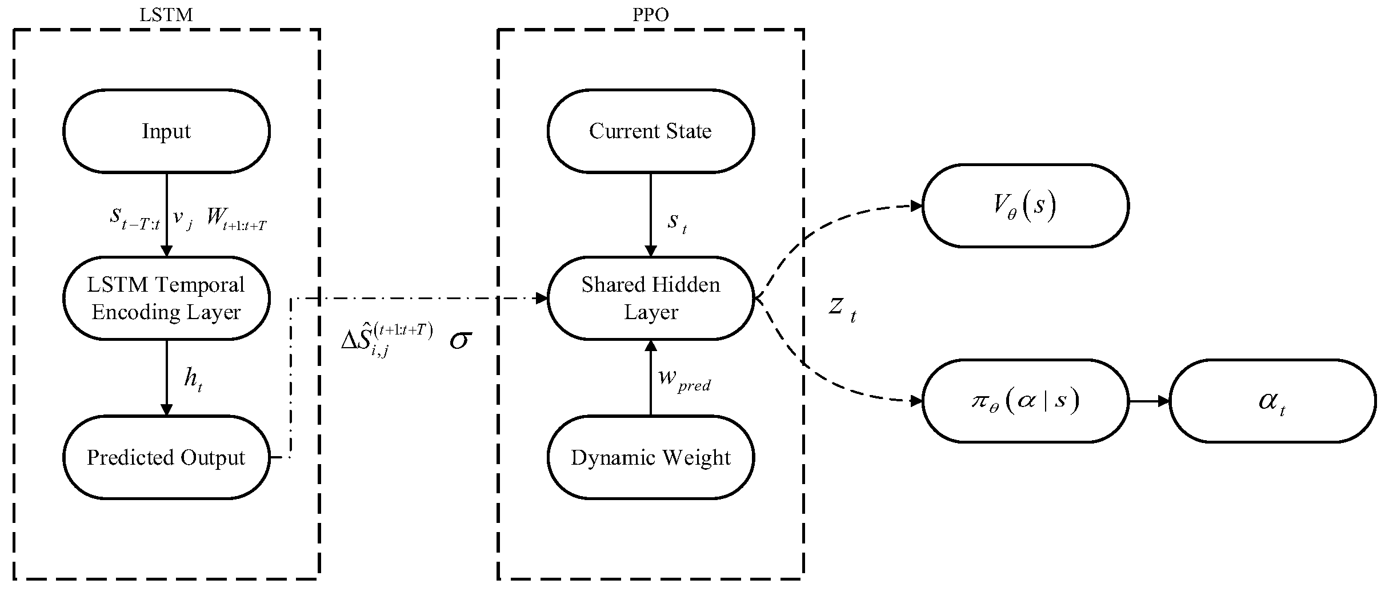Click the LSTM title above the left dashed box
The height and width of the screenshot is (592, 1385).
click(x=166, y=15)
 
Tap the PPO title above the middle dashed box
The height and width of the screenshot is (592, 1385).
click(x=650, y=15)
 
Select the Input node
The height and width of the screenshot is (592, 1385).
click(x=166, y=131)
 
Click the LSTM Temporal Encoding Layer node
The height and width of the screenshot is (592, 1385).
click(x=166, y=298)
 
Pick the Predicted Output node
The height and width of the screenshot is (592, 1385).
click(x=166, y=457)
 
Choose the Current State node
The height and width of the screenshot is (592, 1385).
click(x=650, y=131)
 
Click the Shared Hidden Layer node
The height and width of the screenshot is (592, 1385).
click(x=650, y=298)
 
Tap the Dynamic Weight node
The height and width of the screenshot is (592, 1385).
click(x=650, y=457)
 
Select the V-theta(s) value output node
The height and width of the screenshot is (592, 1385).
click(x=1025, y=206)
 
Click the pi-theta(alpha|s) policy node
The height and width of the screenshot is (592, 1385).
click(x=1025, y=401)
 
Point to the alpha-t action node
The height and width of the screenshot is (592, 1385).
click(x=1272, y=401)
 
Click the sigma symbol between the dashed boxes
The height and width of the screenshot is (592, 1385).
click(x=460, y=341)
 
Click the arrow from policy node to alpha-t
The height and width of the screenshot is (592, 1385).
click(x=1148, y=401)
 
